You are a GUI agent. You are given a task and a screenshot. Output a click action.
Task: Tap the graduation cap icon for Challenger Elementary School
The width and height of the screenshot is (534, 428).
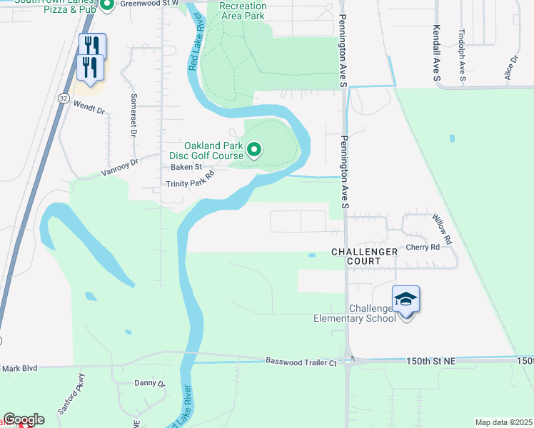405,298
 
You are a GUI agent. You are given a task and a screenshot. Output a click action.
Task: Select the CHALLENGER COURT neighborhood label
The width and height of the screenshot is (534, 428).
363,256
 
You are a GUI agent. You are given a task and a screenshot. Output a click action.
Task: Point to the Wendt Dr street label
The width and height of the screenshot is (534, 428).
89,111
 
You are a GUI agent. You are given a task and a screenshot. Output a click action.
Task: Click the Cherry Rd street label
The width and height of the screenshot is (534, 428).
423,247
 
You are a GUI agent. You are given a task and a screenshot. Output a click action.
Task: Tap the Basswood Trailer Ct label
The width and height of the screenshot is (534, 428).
301,362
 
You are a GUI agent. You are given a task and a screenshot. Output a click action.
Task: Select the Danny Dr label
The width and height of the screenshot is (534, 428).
150,383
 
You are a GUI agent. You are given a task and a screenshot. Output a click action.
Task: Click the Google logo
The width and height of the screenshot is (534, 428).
23,419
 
